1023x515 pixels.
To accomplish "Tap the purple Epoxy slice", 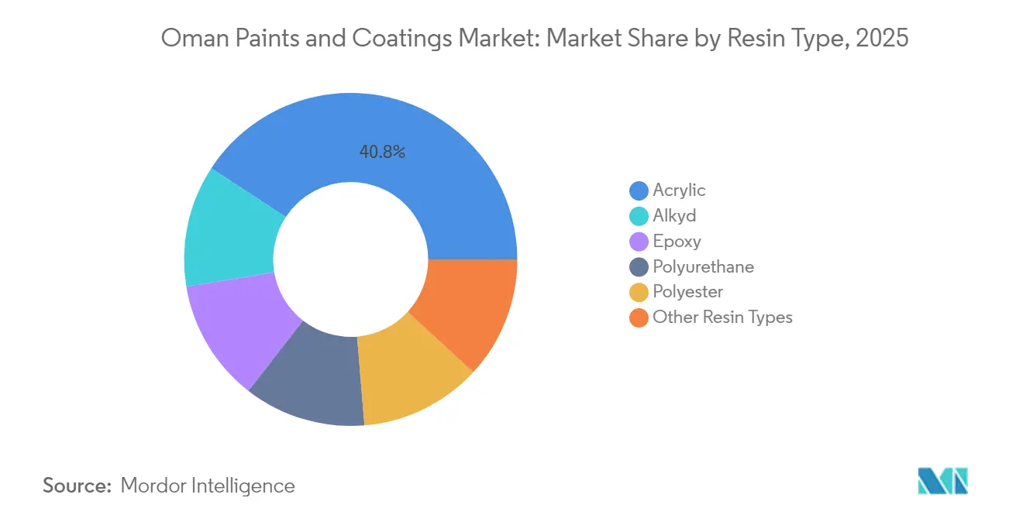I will tap(236, 329).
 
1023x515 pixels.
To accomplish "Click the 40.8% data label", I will tap(382, 153).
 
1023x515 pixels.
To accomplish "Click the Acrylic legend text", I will tap(679, 191).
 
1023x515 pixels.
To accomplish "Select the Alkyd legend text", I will tap(674, 216).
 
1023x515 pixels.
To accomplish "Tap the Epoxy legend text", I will tap(677, 242).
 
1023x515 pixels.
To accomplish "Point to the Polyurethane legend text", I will tap(703, 267).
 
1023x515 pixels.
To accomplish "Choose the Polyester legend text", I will tap(687, 292).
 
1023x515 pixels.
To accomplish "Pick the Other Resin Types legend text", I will tap(722, 317).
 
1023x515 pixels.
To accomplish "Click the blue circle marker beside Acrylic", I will tap(639, 191).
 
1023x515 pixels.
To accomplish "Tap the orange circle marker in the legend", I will tap(639, 318).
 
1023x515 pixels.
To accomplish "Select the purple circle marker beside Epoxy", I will tap(639, 242).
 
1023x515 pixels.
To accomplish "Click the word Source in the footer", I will tap(77, 486).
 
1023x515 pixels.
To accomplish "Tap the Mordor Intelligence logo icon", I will tap(942, 481).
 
